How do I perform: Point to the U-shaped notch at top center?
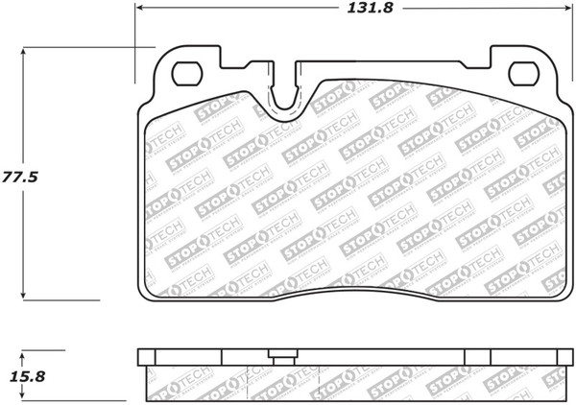click(285, 96)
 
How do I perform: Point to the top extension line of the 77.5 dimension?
click(86, 45)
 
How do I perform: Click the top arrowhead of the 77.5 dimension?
click(23, 51)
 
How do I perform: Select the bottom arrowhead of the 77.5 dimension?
click(23, 294)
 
